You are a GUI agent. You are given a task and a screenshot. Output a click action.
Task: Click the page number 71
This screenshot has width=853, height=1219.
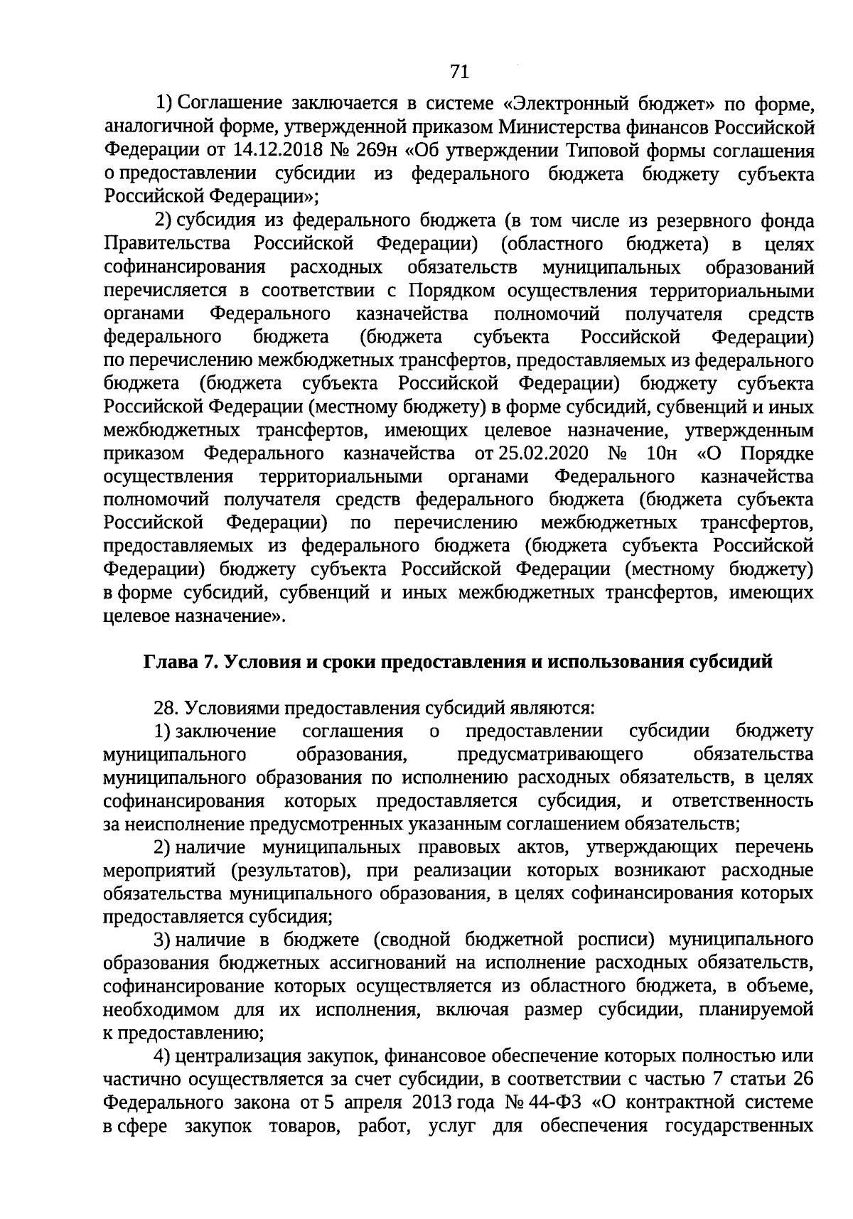[x=458, y=71]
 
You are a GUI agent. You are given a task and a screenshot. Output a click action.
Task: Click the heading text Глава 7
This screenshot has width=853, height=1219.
[x=181, y=662]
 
